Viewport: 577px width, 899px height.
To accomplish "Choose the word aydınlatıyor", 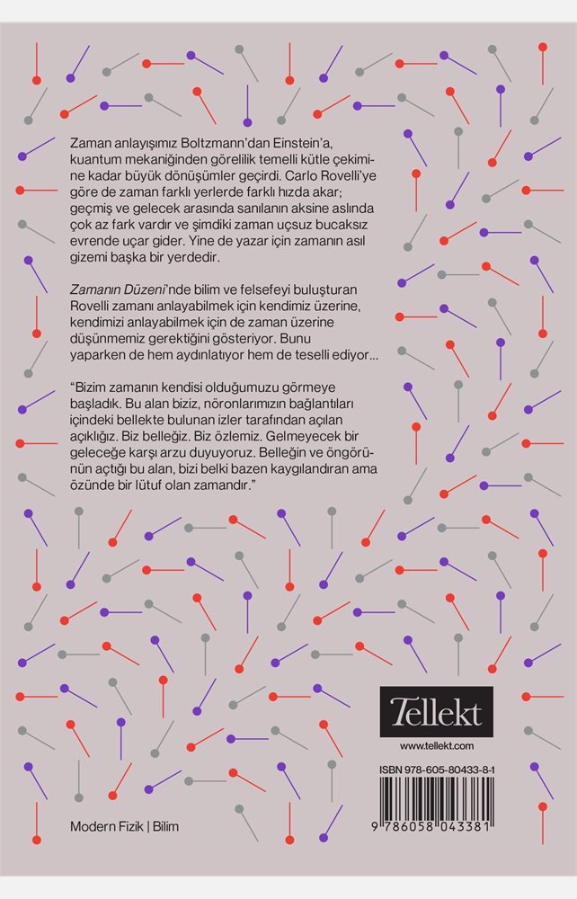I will click(208, 354).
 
